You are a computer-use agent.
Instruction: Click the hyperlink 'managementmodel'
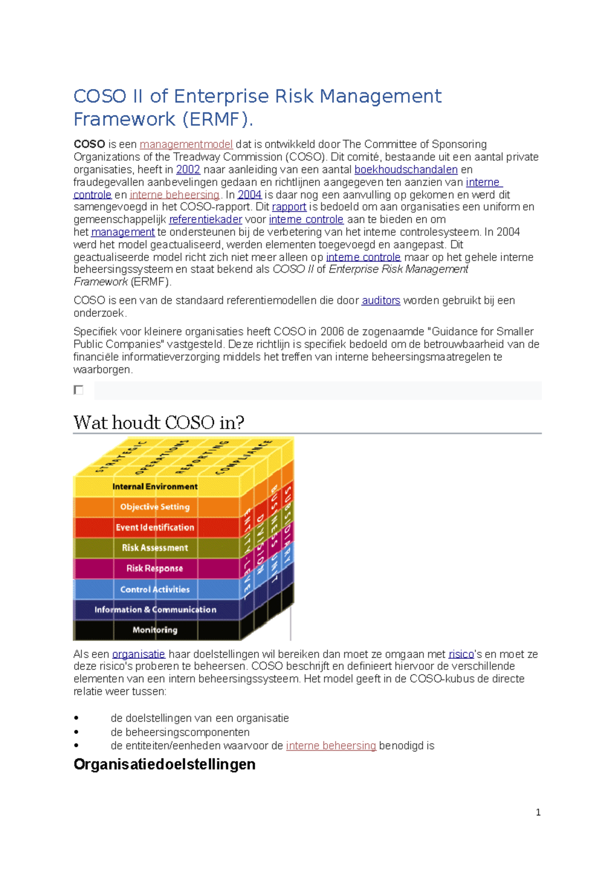tap(186, 144)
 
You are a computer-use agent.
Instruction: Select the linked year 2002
tap(188, 169)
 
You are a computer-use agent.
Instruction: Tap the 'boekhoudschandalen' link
tap(406, 169)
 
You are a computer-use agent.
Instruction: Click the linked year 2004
tap(249, 194)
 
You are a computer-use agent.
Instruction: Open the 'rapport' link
tap(289, 207)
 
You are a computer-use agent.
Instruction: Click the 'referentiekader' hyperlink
tap(205, 220)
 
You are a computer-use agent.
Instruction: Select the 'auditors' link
tap(381, 300)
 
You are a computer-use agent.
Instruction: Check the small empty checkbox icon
tap(78, 390)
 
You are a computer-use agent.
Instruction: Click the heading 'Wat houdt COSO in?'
tap(159, 423)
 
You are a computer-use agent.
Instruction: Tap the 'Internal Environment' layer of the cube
tap(155, 487)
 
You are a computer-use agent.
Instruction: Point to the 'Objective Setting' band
tap(155, 507)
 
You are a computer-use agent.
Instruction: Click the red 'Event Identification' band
tap(155, 527)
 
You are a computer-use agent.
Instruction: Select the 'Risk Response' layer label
tap(155, 568)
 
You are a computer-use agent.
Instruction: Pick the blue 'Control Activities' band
tap(155, 589)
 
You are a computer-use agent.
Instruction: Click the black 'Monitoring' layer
tap(155, 630)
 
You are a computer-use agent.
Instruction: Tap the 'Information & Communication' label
tap(155, 610)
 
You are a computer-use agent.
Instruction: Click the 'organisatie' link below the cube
tap(138, 654)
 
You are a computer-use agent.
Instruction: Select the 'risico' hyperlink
tap(461, 654)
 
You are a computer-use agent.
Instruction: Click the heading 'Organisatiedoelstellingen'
tap(164, 764)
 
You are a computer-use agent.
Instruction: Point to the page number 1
tap(538, 812)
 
